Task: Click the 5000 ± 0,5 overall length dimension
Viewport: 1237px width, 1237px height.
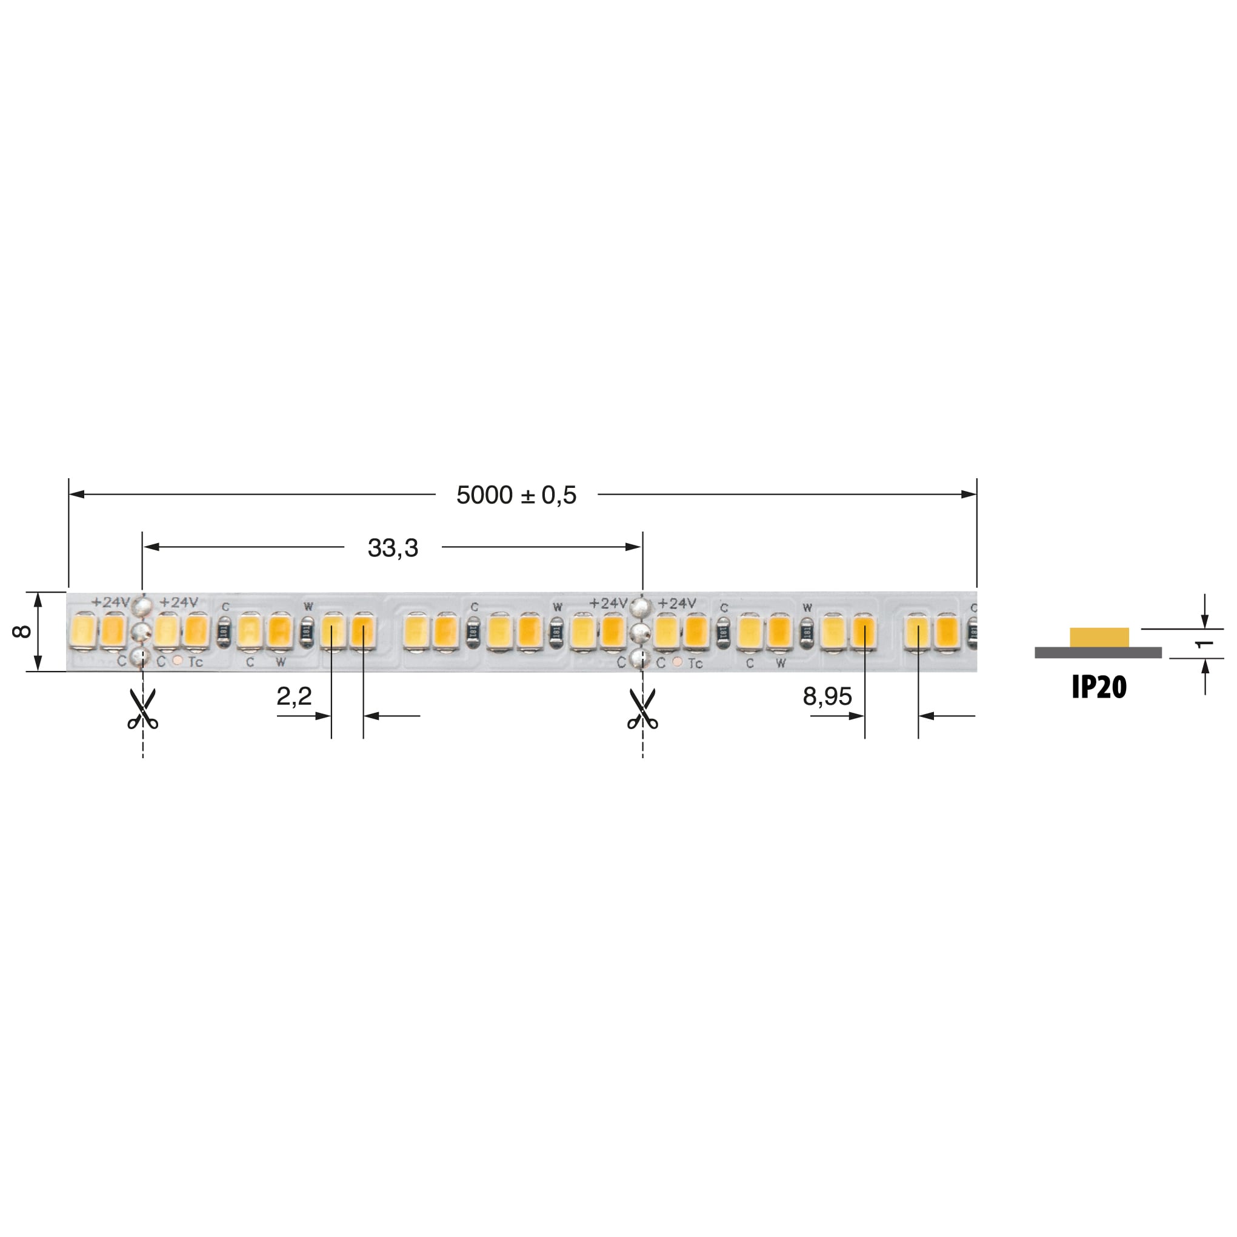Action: [x=516, y=495]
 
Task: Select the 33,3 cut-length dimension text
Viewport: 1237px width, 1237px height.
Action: [x=393, y=548]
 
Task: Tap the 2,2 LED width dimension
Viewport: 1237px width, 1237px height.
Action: [x=294, y=696]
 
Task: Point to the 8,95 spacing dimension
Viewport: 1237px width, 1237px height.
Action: [x=827, y=696]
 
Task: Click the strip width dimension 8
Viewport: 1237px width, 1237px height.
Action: [x=21, y=632]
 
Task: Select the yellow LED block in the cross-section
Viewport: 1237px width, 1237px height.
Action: [x=1099, y=637]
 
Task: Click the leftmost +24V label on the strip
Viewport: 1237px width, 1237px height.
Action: [x=110, y=602]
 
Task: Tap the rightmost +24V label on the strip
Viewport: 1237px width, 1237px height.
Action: [x=676, y=603]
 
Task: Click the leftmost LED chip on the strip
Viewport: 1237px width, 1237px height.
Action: [x=83, y=631]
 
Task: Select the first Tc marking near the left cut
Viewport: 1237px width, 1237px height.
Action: [x=195, y=662]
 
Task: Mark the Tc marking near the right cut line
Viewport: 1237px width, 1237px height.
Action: [x=695, y=663]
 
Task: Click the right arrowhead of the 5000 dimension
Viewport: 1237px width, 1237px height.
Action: [x=969, y=495]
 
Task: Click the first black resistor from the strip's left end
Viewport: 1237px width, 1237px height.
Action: [x=224, y=632]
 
